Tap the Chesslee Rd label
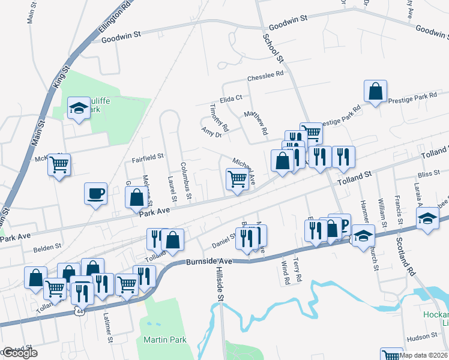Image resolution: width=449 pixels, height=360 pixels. tap(265, 76)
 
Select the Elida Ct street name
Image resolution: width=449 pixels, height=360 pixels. tap(231, 98)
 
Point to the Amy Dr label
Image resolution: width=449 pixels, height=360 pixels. tap(212, 132)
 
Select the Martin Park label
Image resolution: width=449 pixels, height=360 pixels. tap(165, 340)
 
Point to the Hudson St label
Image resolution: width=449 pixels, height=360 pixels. tap(424, 337)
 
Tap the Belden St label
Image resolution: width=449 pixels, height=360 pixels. tap(47, 246)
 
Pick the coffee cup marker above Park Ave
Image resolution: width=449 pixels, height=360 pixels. tap(95, 193)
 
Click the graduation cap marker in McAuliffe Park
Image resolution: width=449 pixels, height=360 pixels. tap(78, 108)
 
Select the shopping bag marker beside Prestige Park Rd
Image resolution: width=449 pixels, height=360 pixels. tap(375, 92)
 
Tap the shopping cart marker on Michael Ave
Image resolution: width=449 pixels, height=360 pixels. tap(237, 179)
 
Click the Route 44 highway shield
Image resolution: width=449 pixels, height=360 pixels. tap(80, 311)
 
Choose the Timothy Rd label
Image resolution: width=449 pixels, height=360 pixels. tap(219, 118)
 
